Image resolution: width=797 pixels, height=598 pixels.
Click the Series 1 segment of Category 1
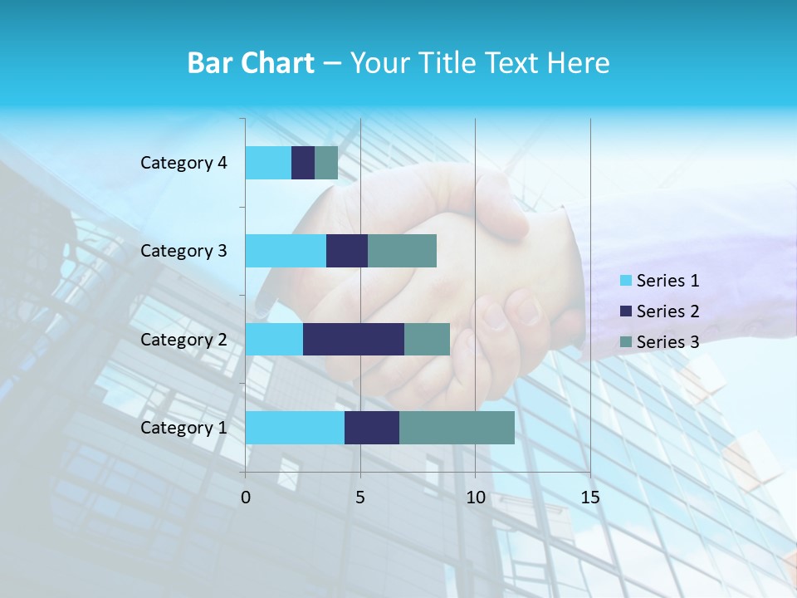(x=295, y=427)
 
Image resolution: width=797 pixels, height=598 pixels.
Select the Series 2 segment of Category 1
(x=372, y=427)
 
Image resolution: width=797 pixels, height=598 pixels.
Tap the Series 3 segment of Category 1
(x=457, y=427)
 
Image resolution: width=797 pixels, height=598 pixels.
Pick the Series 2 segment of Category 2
(x=354, y=339)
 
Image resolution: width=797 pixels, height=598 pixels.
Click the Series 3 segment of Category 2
(x=427, y=339)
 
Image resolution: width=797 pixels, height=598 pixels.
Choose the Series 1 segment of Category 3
(x=286, y=251)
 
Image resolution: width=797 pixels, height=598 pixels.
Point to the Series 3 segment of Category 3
(x=402, y=251)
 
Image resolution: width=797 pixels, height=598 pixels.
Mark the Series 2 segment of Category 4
(x=303, y=163)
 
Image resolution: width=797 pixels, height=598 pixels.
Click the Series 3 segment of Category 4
(x=326, y=163)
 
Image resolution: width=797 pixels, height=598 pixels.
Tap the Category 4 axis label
(x=183, y=163)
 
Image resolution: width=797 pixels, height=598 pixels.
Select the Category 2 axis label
(x=183, y=339)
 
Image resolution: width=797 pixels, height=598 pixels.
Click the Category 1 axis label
(x=183, y=428)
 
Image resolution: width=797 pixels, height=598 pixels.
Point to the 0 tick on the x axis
(x=246, y=498)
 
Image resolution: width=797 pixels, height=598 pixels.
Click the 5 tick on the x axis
(x=360, y=498)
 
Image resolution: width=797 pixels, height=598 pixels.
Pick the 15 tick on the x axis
(x=589, y=498)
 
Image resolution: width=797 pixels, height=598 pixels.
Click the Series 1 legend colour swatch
(x=626, y=281)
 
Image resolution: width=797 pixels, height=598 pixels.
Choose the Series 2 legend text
(x=667, y=311)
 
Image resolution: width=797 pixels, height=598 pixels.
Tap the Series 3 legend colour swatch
(x=626, y=341)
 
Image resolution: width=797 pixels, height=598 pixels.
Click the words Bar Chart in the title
(x=251, y=63)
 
